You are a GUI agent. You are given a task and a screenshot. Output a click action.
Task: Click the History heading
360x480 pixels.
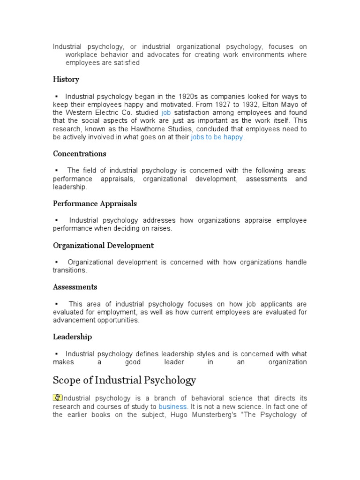tap(66, 79)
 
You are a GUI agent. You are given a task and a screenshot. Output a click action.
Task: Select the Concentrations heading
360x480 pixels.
tap(79, 154)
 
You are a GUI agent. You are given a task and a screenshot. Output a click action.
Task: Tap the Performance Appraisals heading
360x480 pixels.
tap(95, 204)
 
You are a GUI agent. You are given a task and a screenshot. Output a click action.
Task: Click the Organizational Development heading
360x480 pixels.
tap(103, 246)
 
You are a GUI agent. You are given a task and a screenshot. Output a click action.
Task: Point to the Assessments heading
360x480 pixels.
tap(75, 287)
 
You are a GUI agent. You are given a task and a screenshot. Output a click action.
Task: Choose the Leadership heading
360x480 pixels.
tap(72, 337)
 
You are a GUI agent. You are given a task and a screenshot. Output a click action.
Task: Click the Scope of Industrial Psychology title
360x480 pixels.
tap(124, 380)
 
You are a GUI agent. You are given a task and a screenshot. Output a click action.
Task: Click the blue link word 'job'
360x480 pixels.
tap(165, 113)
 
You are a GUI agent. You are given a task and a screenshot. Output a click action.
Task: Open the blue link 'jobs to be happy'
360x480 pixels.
tap(217, 138)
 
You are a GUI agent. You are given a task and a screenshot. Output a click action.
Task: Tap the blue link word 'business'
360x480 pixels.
tap(172, 406)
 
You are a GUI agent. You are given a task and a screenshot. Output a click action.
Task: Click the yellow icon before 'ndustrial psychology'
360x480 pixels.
tap(57, 397)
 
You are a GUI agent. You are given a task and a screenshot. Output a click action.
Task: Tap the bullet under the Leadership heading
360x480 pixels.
tap(56, 354)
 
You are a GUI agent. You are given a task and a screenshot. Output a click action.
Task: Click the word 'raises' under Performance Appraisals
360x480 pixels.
tap(162, 229)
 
